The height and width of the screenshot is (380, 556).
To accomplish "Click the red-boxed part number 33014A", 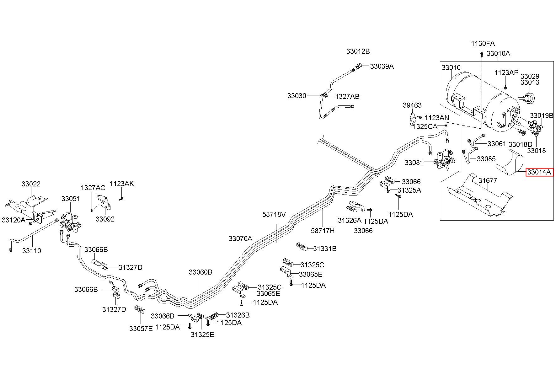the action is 539,172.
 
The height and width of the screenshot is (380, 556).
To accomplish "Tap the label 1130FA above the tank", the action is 483,43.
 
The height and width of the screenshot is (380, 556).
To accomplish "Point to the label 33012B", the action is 358,51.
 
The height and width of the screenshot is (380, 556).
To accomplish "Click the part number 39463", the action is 412,105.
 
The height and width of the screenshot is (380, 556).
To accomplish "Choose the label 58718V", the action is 274,214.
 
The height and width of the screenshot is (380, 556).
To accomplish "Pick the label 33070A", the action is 240,238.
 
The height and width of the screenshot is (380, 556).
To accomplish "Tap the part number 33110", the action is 32,251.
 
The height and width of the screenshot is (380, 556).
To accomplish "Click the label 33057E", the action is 141,329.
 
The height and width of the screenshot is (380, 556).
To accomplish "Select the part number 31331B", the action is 325,249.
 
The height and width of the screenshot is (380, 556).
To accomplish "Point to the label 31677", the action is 488,181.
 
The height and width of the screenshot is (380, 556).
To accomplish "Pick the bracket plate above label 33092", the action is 104,202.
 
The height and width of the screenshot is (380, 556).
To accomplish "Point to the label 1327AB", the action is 347,97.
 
